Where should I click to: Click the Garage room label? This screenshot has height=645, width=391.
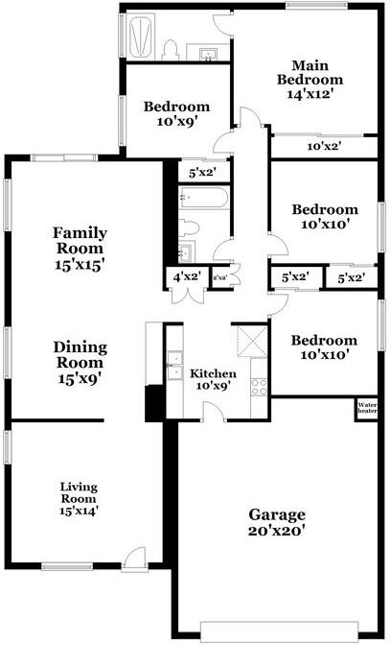coord(276,522)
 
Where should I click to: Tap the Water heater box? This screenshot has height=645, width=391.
coord(367,408)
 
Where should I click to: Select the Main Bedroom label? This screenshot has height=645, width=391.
coord(310,80)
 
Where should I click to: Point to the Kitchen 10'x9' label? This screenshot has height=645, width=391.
coord(213,379)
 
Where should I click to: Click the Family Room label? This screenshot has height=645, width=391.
coord(80,248)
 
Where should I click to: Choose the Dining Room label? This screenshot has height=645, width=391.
coord(80,363)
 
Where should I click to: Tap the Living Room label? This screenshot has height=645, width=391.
coord(80,499)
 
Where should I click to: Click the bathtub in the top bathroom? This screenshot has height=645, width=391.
coord(142,36)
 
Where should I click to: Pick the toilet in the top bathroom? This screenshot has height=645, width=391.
coord(170,50)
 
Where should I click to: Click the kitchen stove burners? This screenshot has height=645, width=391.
coord(259,387)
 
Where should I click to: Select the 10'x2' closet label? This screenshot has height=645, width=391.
coord(325,146)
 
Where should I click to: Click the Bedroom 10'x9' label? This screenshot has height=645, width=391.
coord(176,114)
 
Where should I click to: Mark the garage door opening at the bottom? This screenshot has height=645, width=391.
coord(280,632)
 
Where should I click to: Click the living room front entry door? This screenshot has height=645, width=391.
coord(135,559)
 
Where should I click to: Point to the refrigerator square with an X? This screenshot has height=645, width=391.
coord(253,342)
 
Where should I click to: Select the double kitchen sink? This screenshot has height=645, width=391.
coord(174,366)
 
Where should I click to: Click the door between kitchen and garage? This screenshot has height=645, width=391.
coord(214,412)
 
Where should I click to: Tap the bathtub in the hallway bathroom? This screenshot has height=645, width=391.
coord(204,198)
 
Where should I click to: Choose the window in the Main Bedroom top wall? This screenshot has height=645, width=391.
coord(316,6)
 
